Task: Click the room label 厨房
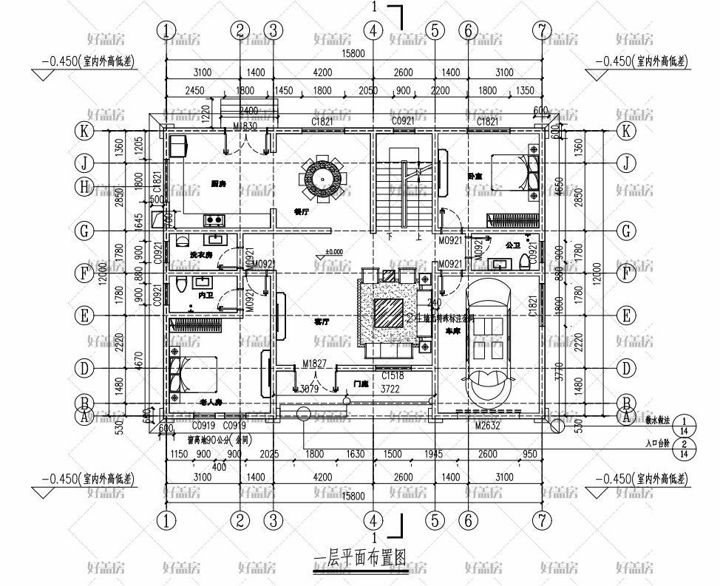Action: pos(218,183)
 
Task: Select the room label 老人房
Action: pos(212,402)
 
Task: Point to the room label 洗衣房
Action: pos(201,255)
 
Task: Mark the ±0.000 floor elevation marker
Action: pos(334,252)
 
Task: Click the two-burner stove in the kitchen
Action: pos(215,219)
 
